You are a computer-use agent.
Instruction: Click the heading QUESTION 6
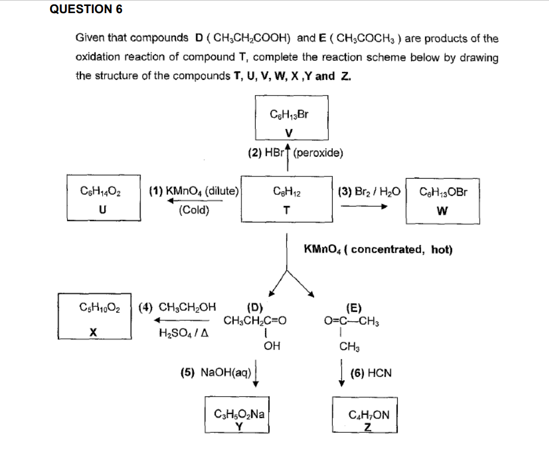pyautogui.click(x=86, y=9)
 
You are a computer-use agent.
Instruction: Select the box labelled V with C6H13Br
pyautogui.click(x=290, y=123)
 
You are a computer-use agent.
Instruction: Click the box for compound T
pyautogui.click(x=287, y=199)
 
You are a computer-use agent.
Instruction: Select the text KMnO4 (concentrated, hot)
pyautogui.click(x=378, y=250)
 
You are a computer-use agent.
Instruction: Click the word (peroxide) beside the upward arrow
pyautogui.click(x=318, y=152)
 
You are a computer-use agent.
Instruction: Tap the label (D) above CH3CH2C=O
pyautogui.click(x=255, y=306)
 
